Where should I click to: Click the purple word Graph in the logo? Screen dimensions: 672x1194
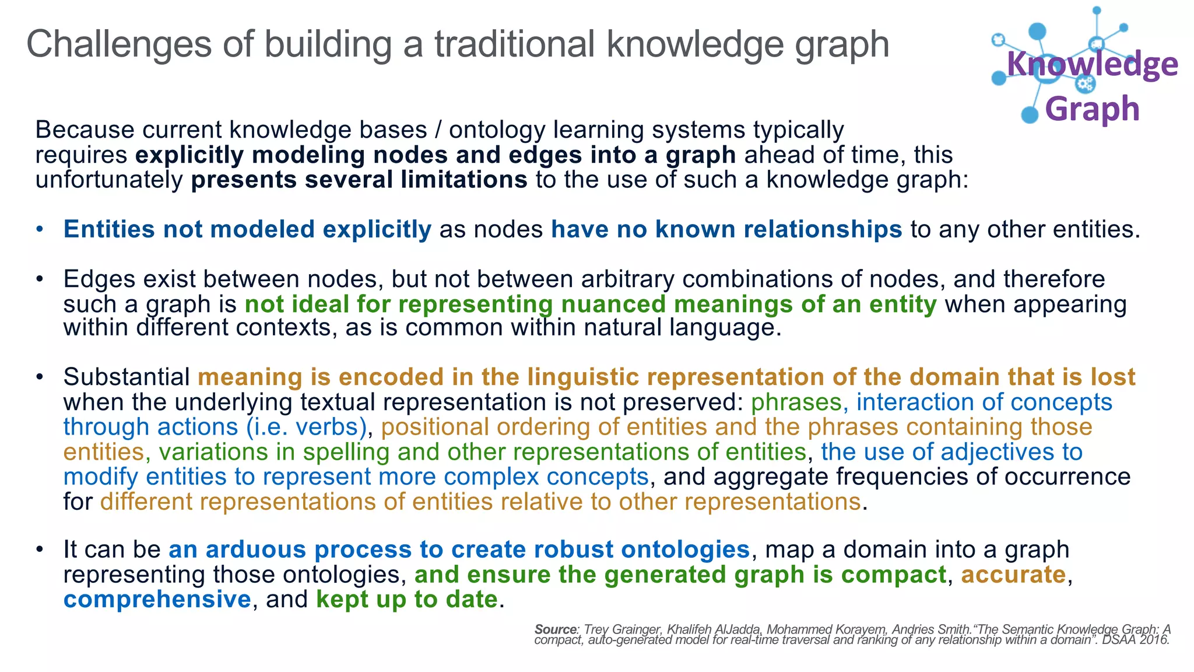pyautogui.click(x=1092, y=109)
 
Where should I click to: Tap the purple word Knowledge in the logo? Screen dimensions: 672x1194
pyautogui.click(x=1092, y=64)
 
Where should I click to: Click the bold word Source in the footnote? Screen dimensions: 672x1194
pyautogui.click(x=555, y=629)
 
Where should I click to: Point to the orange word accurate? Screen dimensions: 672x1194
pyautogui.click(x=1013, y=575)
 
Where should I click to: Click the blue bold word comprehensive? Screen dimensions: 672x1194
pyautogui.click(x=157, y=600)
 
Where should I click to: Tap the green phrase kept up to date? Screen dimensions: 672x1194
pyautogui.click(x=406, y=600)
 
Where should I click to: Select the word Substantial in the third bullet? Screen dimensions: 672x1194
pyautogui.click(x=127, y=377)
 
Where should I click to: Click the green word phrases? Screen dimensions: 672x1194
pyautogui.click(x=796, y=402)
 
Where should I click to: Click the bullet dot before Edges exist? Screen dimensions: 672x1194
pyautogui.click(x=39, y=279)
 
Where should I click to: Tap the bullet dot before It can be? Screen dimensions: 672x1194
pyautogui.click(x=39, y=550)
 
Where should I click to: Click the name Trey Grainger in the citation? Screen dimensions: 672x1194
pyautogui.click(x=622, y=629)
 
